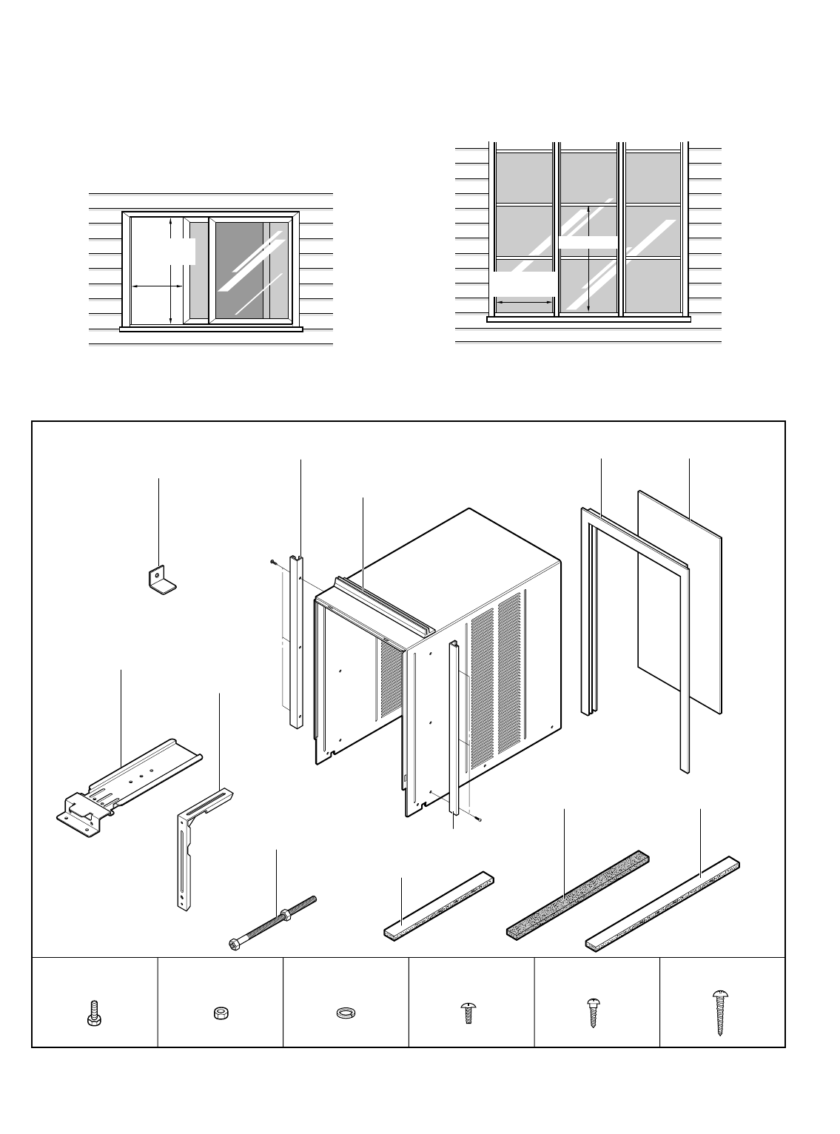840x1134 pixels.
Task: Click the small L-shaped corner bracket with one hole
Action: pyautogui.click(x=160, y=580)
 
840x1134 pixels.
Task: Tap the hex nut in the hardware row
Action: pyautogui.click(x=218, y=1013)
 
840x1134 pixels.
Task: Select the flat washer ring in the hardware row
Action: pyautogui.click(x=344, y=1013)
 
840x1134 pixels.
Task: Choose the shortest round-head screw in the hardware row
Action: pyautogui.click(x=467, y=1012)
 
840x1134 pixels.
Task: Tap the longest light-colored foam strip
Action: pyautogui.click(x=664, y=903)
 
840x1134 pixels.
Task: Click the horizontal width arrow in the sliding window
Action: pyautogui.click(x=157, y=286)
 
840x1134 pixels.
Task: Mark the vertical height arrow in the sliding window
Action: pyautogui.click(x=171, y=270)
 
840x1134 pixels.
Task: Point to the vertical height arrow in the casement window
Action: pyautogui.click(x=588, y=258)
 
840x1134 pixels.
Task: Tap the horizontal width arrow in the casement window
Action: pyautogui.click(x=524, y=302)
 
